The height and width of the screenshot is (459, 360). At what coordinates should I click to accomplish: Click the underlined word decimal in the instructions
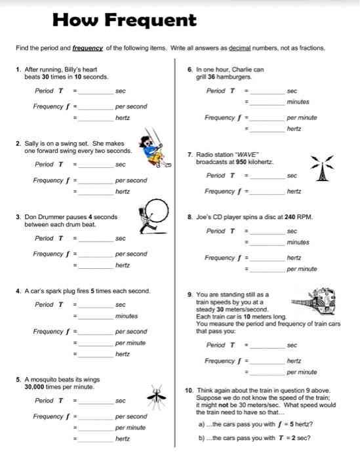click(x=244, y=48)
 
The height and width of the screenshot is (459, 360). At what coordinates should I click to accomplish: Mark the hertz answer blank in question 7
click(x=268, y=191)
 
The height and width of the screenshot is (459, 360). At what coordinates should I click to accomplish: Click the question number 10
click(x=190, y=390)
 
